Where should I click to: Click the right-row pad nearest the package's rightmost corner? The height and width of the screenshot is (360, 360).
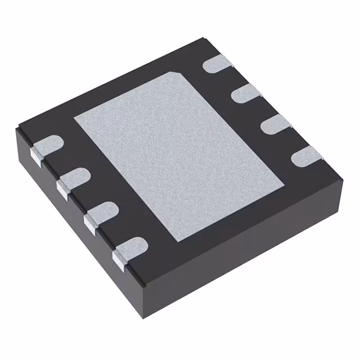point(305,156)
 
